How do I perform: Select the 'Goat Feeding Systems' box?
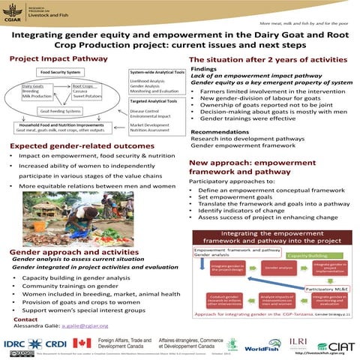[x=55, y=109]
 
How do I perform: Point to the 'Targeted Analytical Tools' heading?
[x=154, y=100]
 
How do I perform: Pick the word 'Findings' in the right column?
[x=204, y=67]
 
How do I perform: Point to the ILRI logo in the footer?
[x=297, y=342]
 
